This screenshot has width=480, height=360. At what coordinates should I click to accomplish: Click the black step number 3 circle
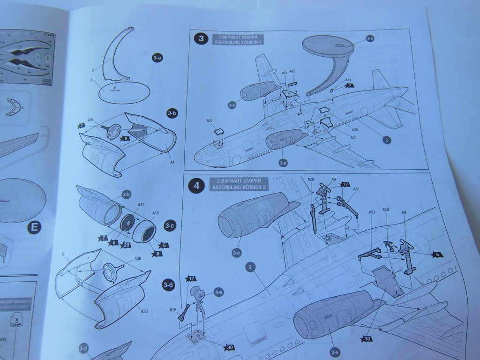point(202,39)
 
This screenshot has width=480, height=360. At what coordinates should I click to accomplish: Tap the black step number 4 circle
point(196,186)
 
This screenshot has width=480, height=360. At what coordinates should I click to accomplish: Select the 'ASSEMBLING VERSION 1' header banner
point(238,39)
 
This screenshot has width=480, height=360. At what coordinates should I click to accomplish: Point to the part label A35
point(210,120)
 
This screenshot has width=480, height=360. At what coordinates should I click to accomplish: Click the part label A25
point(292,71)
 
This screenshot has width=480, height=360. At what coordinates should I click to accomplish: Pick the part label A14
point(348,80)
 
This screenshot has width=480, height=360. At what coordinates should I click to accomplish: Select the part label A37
point(141,204)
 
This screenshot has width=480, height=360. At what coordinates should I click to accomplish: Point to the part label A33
point(144,310)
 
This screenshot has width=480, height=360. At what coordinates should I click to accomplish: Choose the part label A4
point(172,162)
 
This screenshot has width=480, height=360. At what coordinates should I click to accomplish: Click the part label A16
point(172,309)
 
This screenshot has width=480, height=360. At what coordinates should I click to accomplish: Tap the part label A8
point(404,212)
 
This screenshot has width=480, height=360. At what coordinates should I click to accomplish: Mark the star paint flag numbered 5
point(436,254)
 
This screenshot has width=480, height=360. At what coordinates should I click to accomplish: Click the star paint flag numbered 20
point(126,245)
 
